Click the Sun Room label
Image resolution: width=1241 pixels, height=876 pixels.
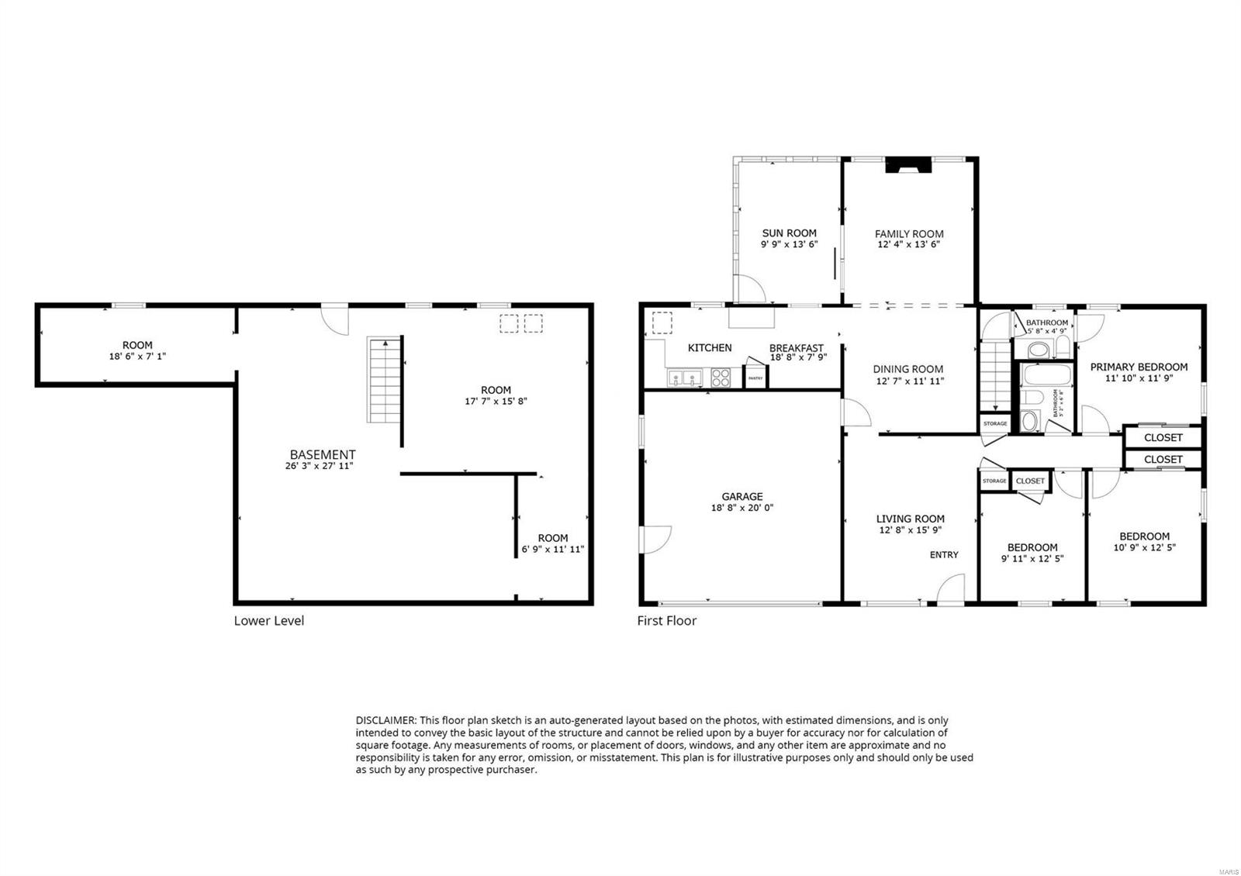click(x=789, y=233)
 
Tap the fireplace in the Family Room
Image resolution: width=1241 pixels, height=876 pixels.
click(x=908, y=165)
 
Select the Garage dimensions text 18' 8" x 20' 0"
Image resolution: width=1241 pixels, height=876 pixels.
click(x=742, y=508)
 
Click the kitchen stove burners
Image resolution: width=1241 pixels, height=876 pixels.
click(x=721, y=378)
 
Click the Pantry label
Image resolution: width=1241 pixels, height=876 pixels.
click(x=755, y=378)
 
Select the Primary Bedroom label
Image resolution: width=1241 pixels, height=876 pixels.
click(x=1139, y=367)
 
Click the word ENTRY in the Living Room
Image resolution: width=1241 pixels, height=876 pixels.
click(x=944, y=554)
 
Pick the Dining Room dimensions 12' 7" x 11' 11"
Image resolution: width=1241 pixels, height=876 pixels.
click(x=908, y=381)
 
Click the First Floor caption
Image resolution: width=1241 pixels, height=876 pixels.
click(x=666, y=620)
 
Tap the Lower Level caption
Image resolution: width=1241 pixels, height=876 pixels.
click(x=268, y=620)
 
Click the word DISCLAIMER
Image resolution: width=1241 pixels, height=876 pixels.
click(x=385, y=720)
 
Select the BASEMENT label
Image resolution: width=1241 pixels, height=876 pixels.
click(x=323, y=454)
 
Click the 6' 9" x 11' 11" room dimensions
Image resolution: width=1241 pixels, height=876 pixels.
click(x=552, y=550)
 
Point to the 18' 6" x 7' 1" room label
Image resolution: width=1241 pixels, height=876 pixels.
click(x=137, y=357)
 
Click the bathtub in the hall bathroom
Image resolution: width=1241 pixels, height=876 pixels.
click(x=1046, y=376)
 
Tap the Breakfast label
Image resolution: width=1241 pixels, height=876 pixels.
click(x=796, y=348)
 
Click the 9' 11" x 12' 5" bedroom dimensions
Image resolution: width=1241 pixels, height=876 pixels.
click(x=1032, y=558)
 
